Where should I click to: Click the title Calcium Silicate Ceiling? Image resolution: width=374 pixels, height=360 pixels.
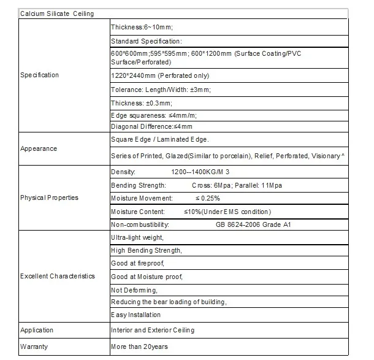tap(57, 13)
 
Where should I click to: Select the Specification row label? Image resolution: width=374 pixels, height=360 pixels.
tap(40, 75)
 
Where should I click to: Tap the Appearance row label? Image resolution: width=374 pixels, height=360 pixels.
tap(39, 148)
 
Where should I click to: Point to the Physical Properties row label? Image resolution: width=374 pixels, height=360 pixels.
tap(49, 198)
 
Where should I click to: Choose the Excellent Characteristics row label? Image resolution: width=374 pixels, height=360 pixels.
tap(58, 276)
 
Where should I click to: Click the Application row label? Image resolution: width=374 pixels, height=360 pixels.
tap(37, 330)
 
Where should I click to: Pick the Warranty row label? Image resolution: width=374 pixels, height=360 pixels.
tap(34, 347)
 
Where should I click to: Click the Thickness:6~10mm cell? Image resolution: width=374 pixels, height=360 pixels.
tap(141, 28)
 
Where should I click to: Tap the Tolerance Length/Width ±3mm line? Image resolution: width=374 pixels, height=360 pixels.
tap(160, 90)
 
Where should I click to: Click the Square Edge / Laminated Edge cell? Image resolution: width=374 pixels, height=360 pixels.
tap(155, 140)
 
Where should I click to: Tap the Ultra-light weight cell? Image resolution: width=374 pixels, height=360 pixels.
tap(137, 237)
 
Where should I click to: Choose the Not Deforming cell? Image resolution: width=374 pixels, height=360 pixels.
tap(134, 289)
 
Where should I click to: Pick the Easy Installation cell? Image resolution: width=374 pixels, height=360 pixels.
tap(135, 315)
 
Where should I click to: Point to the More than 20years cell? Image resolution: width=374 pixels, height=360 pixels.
tap(139, 347)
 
